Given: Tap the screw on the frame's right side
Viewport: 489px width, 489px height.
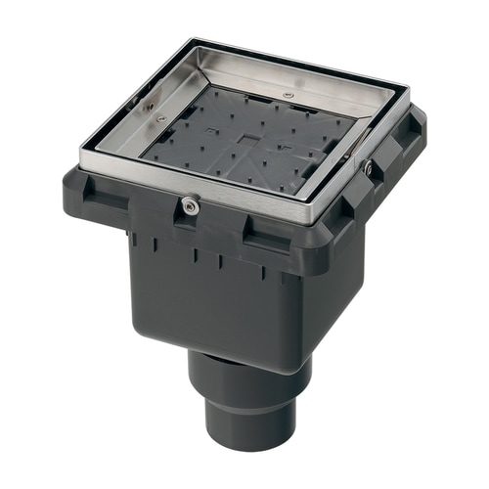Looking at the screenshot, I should point(368,168).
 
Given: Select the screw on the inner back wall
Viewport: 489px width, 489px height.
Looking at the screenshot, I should point(287,95).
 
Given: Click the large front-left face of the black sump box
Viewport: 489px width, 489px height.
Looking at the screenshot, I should point(200,293).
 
